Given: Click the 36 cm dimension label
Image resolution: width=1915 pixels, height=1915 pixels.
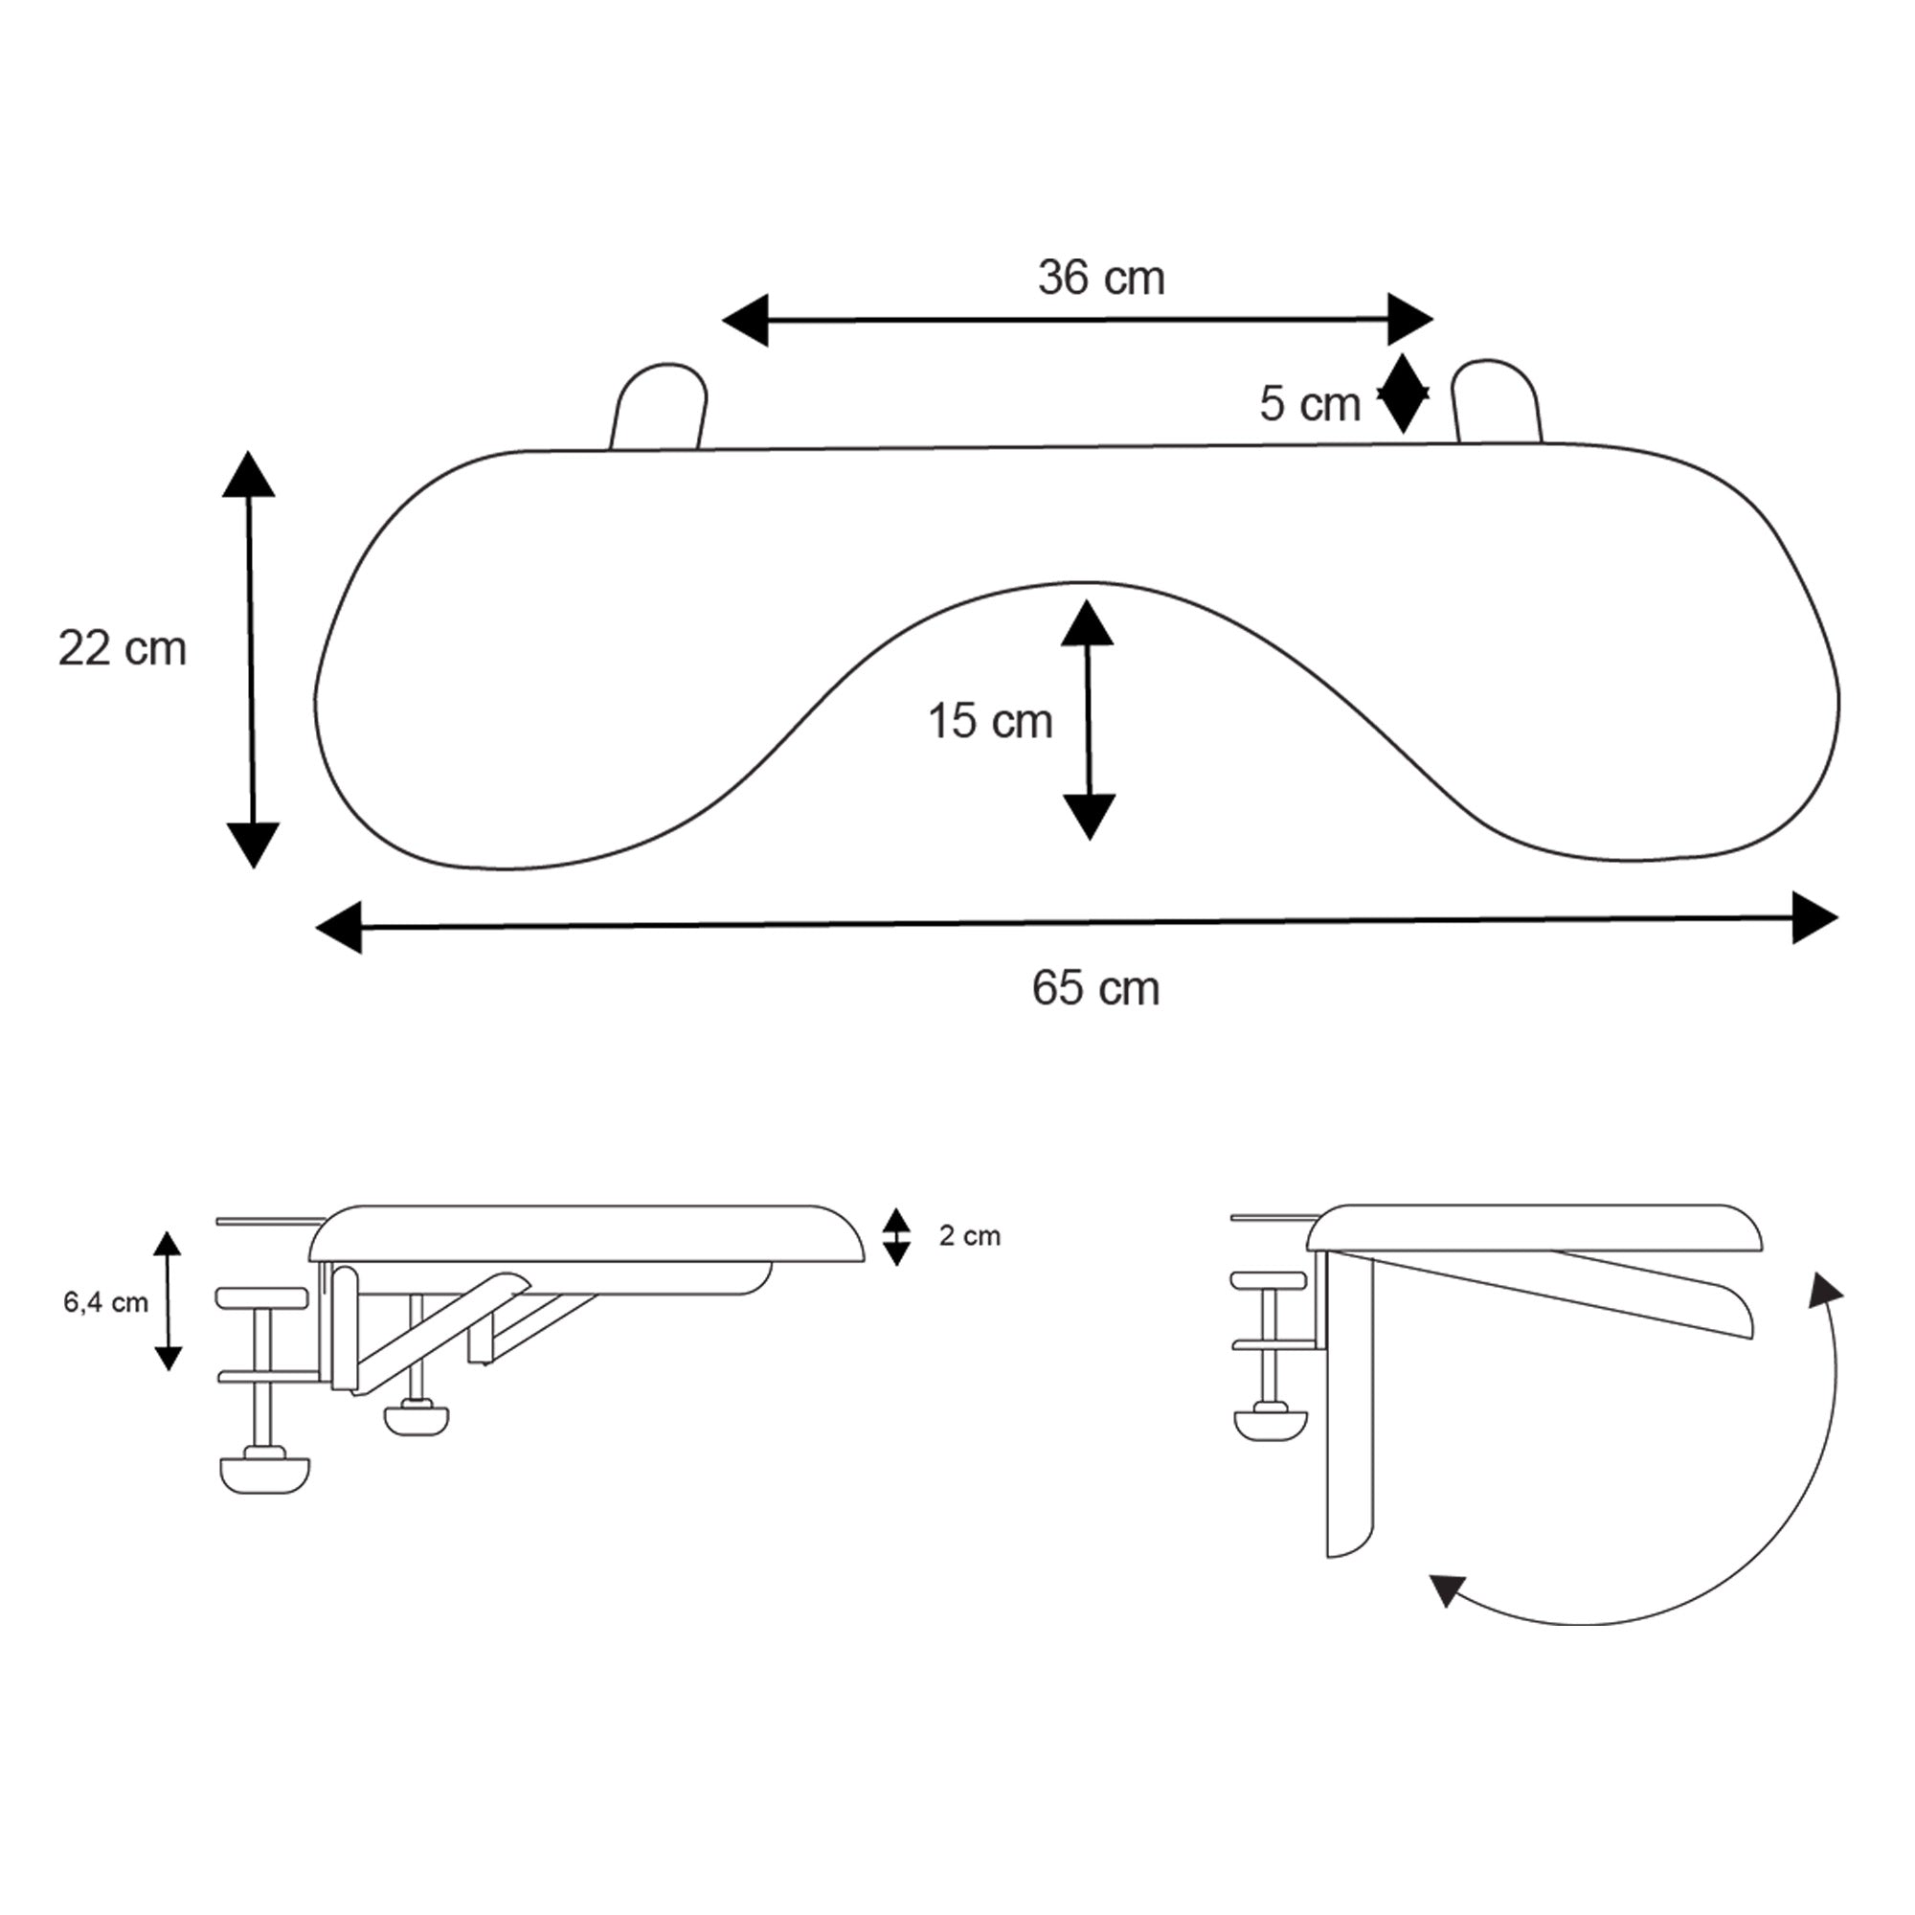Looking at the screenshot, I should (1101, 279).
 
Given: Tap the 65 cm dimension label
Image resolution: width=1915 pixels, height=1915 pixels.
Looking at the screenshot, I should (1095, 988).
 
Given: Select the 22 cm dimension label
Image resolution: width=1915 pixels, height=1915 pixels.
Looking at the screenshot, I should (122, 649).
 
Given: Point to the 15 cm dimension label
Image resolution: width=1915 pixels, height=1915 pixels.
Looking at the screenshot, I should (989, 722).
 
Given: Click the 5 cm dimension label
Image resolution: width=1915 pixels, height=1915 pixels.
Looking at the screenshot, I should (1309, 404).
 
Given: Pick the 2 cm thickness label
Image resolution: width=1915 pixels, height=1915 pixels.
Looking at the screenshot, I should (969, 1236).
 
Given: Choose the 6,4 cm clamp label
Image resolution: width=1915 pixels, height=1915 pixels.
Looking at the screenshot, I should (105, 1302).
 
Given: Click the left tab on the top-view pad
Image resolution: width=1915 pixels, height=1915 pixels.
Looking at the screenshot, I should (658, 407).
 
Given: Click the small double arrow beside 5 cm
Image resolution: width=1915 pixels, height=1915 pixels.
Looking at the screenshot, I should (1403, 394).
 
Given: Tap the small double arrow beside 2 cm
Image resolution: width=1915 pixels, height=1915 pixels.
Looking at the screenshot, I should (896, 1236).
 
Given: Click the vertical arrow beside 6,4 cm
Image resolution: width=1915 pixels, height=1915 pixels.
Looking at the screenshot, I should (169, 1301).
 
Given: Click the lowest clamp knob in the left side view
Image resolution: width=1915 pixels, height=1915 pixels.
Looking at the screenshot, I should (263, 1473).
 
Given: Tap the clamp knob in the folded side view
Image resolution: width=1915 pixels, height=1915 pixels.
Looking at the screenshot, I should (1270, 1425).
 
